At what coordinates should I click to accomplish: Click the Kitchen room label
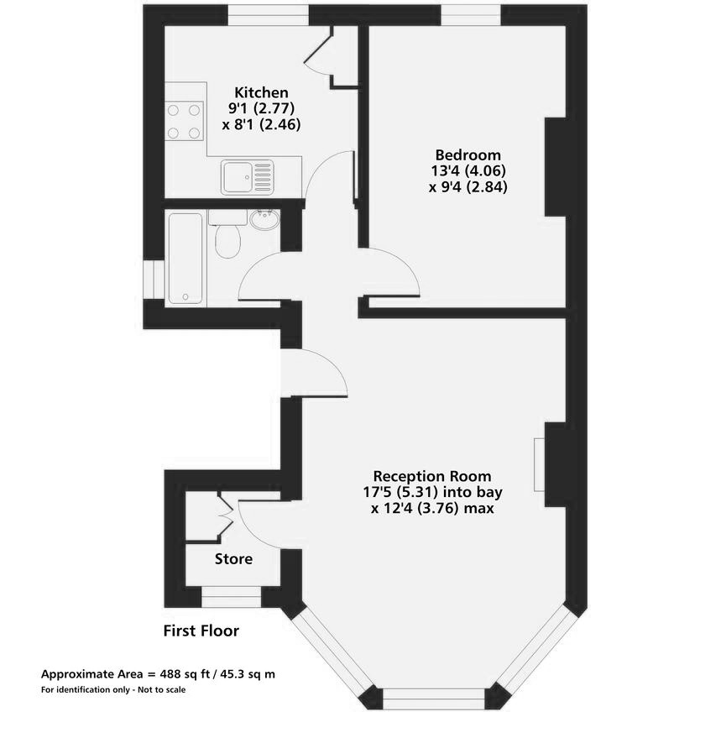261,92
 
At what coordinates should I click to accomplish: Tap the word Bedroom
468,154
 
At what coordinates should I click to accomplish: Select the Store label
233,559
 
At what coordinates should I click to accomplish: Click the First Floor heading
201,631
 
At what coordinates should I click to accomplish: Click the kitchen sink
247,177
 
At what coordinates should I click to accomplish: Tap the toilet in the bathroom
227,234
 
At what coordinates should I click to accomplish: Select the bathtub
185,258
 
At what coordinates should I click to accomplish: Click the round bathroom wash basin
264,219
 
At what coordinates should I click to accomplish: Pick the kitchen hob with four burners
184,121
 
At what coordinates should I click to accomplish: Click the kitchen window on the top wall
269,15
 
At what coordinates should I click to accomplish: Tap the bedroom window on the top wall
471,15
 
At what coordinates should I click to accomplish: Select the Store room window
231,597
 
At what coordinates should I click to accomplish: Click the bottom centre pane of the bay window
433,699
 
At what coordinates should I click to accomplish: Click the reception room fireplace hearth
540,465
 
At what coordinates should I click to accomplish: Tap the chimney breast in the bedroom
556,167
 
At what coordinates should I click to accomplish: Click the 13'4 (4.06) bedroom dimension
468,170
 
